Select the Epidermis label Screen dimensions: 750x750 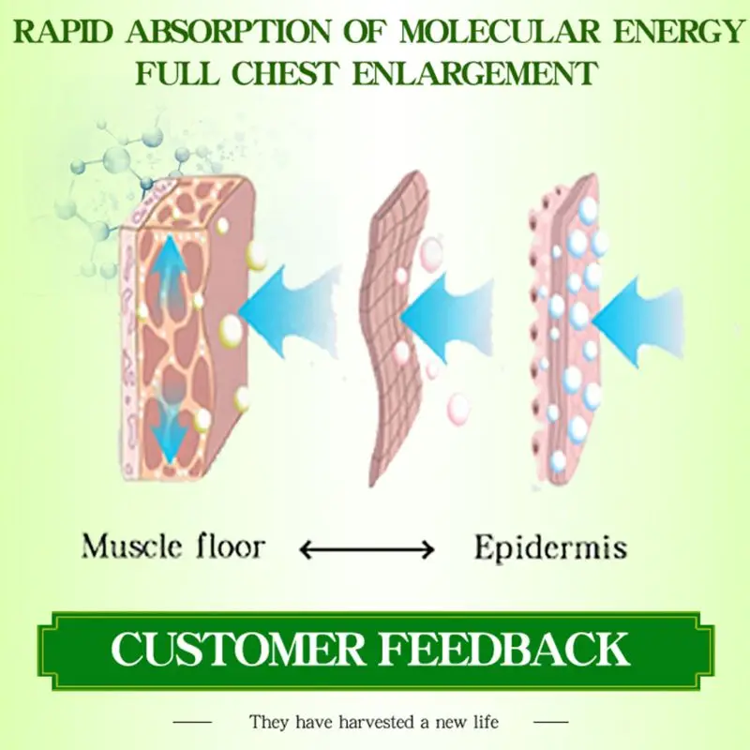(x=549, y=547)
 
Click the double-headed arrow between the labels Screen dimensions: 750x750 (x=367, y=549)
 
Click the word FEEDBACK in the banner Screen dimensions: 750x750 (x=512, y=649)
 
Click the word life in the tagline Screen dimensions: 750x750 (x=485, y=722)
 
